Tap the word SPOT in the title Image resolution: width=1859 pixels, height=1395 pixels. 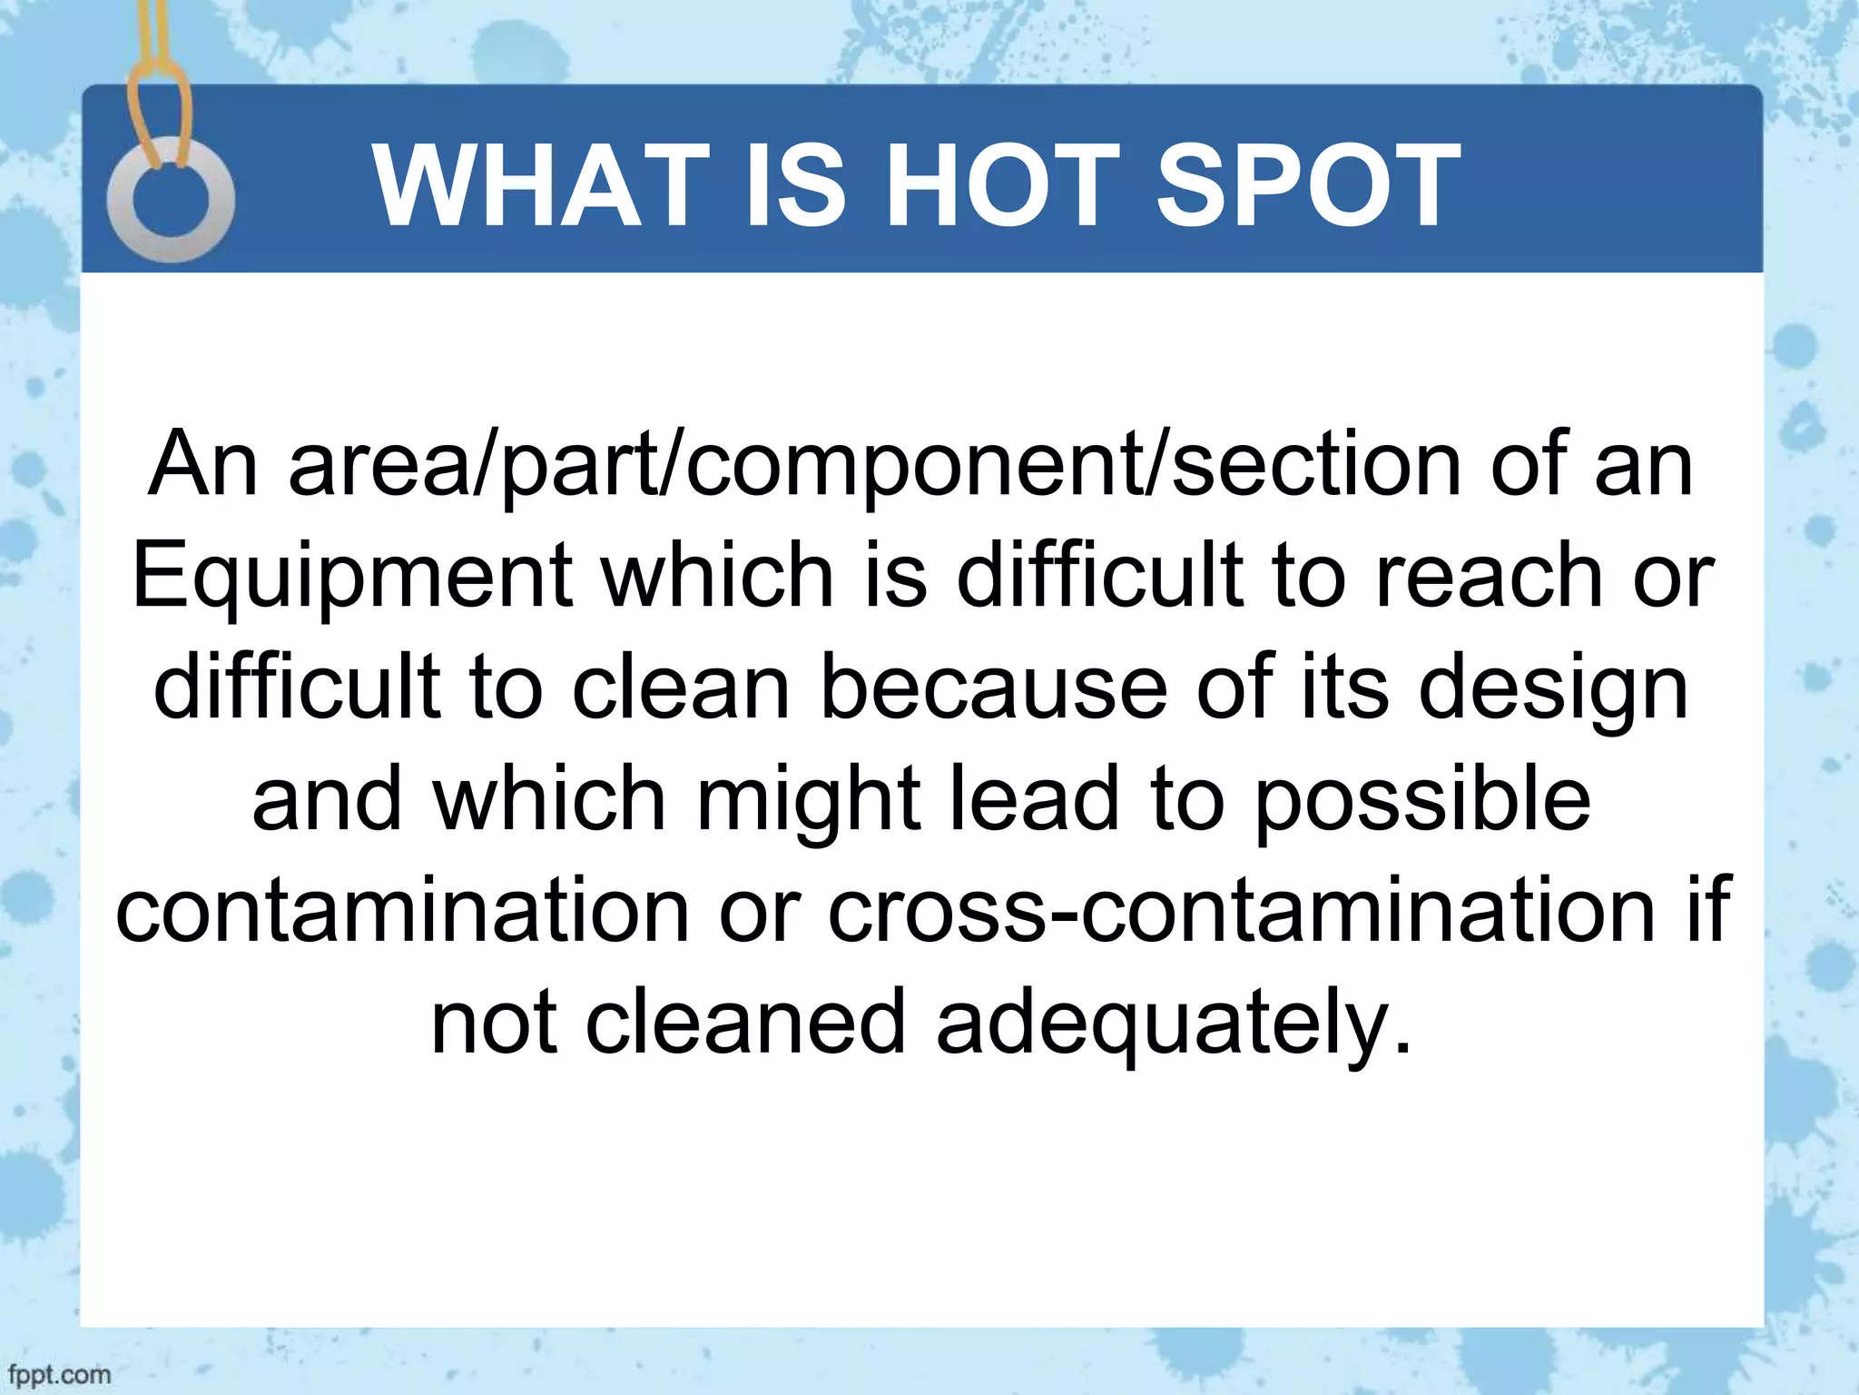point(1308,187)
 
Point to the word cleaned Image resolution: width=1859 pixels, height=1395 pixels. point(745,1023)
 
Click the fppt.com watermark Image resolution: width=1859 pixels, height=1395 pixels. point(56,1374)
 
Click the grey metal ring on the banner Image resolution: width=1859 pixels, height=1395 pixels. point(171,200)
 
